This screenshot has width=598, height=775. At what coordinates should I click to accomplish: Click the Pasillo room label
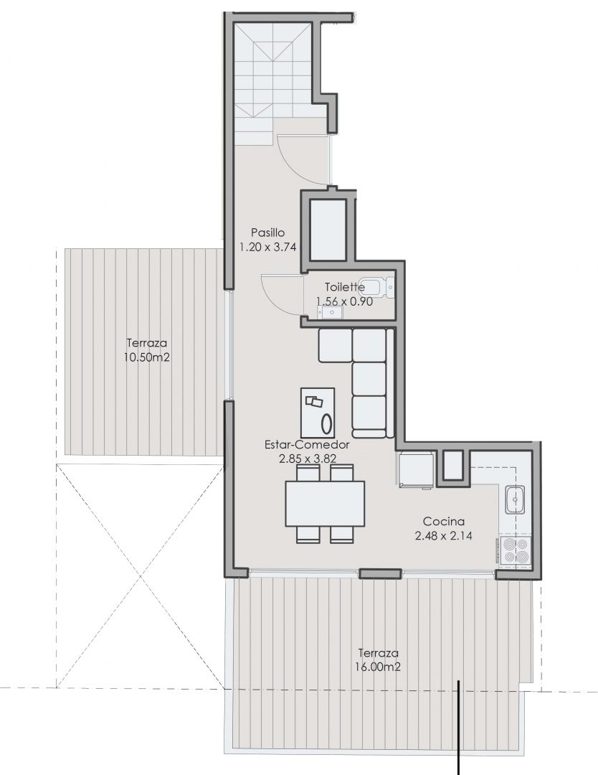tap(267, 232)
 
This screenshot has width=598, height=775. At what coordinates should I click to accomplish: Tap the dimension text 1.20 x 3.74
tap(267, 247)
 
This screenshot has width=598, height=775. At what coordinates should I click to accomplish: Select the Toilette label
tap(345, 286)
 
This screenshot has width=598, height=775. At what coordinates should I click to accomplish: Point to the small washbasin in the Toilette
tap(329, 311)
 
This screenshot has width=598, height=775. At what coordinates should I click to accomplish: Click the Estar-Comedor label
tap(307, 444)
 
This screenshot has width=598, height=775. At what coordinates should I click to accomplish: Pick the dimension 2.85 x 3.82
tap(307, 458)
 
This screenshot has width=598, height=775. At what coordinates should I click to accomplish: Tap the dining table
tap(325, 504)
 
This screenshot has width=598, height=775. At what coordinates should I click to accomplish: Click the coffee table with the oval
tap(318, 412)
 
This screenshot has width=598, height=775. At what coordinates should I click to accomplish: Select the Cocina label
tap(443, 521)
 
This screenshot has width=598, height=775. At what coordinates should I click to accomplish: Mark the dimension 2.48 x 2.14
tap(443, 535)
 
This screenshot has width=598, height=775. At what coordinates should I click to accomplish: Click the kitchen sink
tap(515, 499)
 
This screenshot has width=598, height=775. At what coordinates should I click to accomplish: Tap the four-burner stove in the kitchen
tap(513, 551)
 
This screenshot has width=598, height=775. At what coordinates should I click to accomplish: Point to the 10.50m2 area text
tap(146, 357)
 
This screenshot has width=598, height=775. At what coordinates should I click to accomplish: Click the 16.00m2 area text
tap(378, 667)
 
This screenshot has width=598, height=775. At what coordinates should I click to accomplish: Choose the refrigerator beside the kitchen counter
tap(417, 469)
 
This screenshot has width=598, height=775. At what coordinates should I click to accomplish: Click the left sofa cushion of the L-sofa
tap(335, 345)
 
